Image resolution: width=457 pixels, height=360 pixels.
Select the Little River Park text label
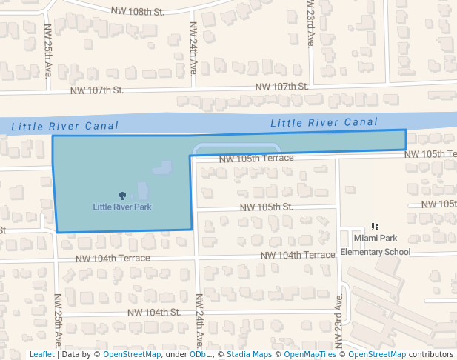pyautogui.click(x=122, y=207)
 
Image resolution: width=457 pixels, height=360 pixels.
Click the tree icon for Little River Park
pyautogui.click(x=122, y=195)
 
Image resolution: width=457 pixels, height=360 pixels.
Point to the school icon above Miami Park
pyautogui.click(x=375, y=227)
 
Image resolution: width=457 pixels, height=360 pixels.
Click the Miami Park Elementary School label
pyautogui.click(x=376, y=245)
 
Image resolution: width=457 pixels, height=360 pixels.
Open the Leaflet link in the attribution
pyautogui.click(x=41, y=354)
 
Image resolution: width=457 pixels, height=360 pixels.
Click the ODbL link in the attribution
pyautogui.click(x=200, y=354)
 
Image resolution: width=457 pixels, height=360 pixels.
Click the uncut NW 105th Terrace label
pyautogui.click(x=256, y=158)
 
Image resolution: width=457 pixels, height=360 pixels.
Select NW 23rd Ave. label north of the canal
pyautogui.click(x=311, y=24)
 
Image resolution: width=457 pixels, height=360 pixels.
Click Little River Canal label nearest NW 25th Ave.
pyautogui.click(x=65, y=127)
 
